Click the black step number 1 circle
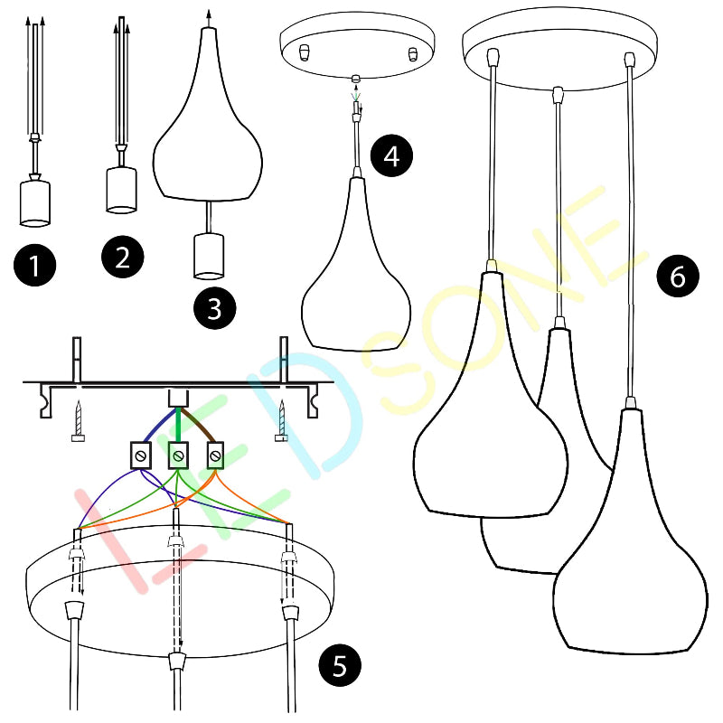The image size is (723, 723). pyautogui.click(x=35, y=265)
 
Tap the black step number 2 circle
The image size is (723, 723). pyautogui.click(x=122, y=257)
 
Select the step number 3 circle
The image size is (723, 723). pyautogui.click(x=215, y=308)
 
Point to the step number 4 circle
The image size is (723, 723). pyautogui.click(x=391, y=155)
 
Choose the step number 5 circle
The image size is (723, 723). pyautogui.click(x=340, y=665)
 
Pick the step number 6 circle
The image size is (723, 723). pyautogui.click(x=678, y=277)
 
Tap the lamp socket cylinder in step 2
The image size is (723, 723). pyautogui.click(x=122, y=190)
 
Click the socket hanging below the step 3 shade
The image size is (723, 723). pyautogui.click(x=209, y=257)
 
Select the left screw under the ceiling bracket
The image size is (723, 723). pyautogui.click(x=79, y=420)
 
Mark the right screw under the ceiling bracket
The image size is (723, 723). pyautogui.click(x=281, y=420)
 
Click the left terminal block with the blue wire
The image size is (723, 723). pyautogui.click(x=141, y=455)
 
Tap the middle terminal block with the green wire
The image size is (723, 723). pyautogui.click(x=178, y=455)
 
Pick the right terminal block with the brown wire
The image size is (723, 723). pyautogui.click(x=215, y=455)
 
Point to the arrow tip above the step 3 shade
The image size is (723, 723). pyautogui.click(x=209, y=11)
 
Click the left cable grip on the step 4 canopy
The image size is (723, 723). pyautogui.click(x=304, y=53)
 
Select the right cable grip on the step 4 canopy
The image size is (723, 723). pyautogui.click(x=413, y=54)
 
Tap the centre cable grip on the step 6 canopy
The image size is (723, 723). pyautogui.click(x=558, y=95)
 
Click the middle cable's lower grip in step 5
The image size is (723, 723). pyautogui.click(x=177, y=661)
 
